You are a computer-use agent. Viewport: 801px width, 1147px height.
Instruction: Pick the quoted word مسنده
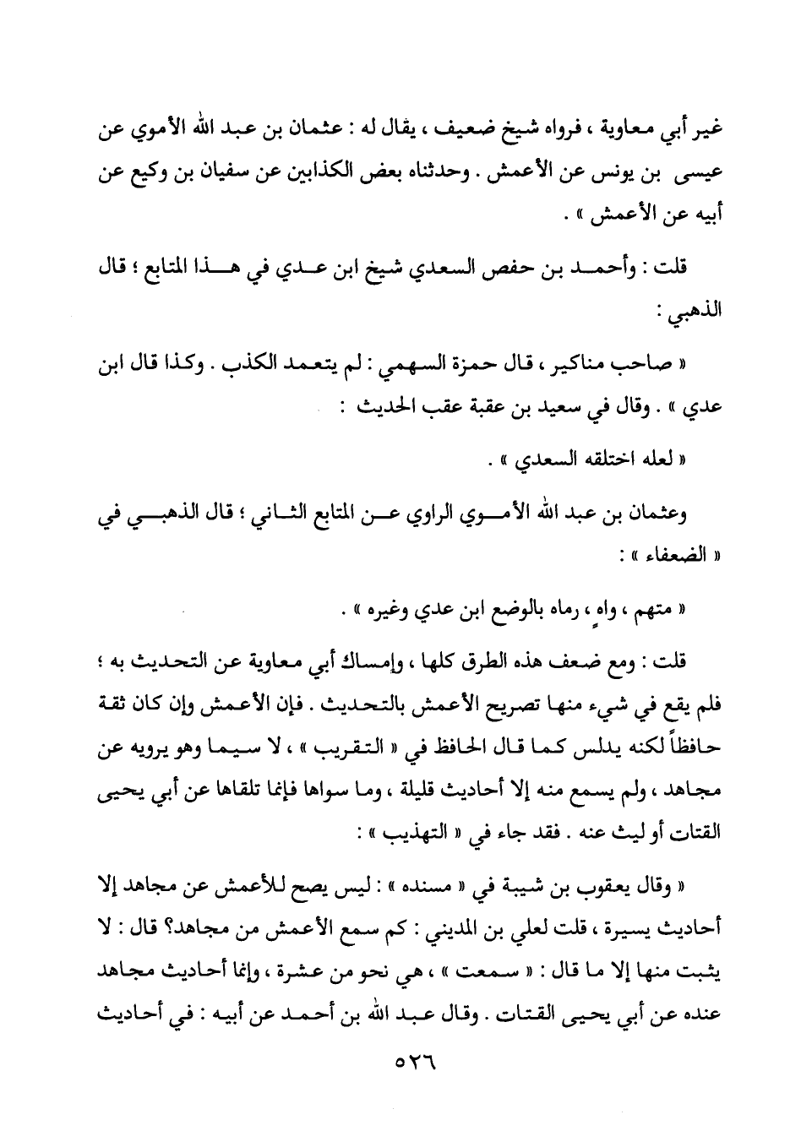[429, 884]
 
